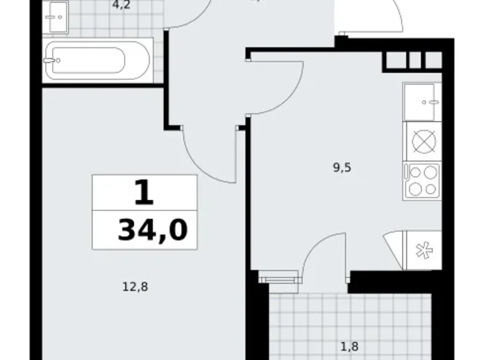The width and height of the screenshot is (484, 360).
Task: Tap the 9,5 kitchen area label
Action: coord(342,166)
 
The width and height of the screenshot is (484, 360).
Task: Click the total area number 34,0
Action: coord(153,230)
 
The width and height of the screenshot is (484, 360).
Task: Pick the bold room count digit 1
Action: coord(143,193)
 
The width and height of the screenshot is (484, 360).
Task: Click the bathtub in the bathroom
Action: coord(98,60)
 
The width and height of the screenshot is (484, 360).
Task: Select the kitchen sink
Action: coord(422,101)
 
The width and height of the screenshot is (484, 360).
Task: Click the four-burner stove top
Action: coord(422,181)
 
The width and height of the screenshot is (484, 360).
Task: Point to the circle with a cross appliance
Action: coord(422,141)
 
